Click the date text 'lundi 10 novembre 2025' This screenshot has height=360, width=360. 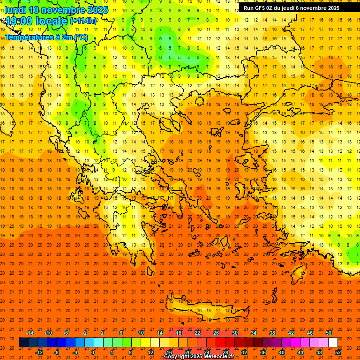click(x=55, y=10)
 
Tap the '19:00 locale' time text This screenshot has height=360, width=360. click(x=37, y=21)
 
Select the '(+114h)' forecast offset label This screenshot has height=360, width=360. click(x=83, y=21)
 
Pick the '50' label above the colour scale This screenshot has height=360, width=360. click(x=329, y=333)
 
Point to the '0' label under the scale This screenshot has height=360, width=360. click(x=93, y=352)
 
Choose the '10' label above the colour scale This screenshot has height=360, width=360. click(x=141, y=333)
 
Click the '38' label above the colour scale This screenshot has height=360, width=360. click(x=272, y=333)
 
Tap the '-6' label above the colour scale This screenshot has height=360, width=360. click(x=67, y=333)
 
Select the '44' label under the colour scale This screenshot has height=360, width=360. click(x=300, y=352)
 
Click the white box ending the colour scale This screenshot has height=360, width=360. click(x=333, y=342)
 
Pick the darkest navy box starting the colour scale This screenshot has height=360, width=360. click(x=23, y=342)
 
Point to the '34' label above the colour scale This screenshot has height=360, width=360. click(x=254, y=333)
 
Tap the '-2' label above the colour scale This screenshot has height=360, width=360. click(x=85, y=333)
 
